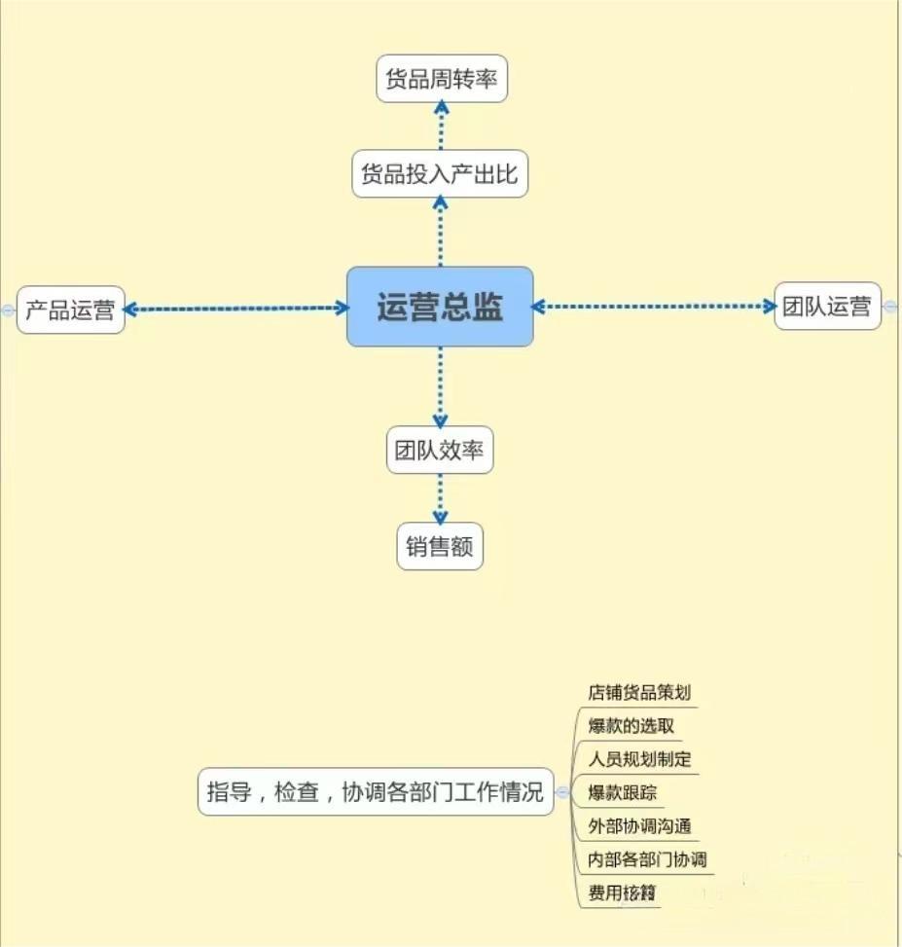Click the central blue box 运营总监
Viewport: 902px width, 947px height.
440,307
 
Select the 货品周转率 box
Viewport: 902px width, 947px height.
442,79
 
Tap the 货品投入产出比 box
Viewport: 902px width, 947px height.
440,175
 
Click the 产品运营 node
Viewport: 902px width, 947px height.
70,310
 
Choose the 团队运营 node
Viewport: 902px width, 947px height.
827,307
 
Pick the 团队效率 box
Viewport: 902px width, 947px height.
440,452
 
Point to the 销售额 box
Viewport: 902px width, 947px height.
440,547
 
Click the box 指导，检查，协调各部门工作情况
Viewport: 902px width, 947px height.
375,792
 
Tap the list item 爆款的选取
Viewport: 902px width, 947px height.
631,726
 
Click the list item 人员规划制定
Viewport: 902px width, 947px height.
639,759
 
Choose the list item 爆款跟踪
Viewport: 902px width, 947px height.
623,793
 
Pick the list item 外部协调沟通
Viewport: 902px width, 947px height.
639,826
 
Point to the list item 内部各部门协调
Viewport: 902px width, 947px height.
647,859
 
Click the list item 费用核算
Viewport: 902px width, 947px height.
623,892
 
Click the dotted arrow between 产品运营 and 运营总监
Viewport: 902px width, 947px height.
236,309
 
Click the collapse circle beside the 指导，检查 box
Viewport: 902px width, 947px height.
562,793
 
